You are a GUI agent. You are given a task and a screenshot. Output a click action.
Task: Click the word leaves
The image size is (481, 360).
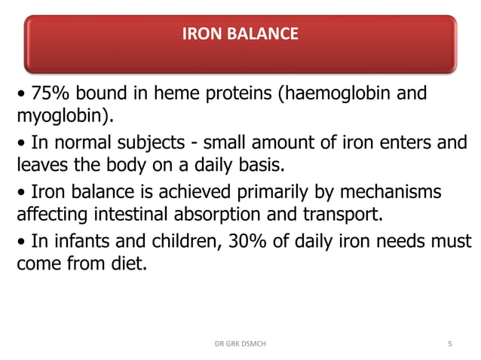43,166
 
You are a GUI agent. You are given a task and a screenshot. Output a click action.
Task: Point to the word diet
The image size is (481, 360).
127,265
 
